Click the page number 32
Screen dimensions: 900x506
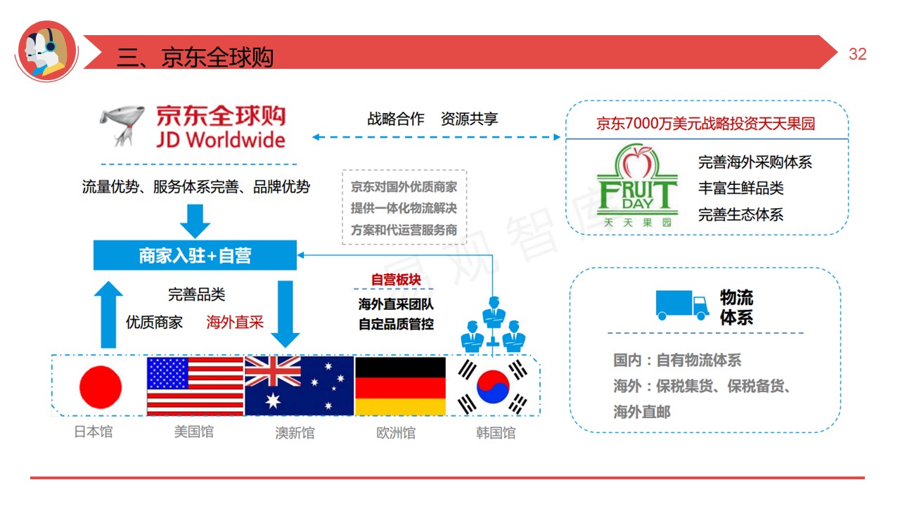coord(857,55)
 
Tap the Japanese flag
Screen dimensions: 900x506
coord(100,387)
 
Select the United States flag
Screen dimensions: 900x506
coord(195,386)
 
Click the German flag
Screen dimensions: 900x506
coord(400,386)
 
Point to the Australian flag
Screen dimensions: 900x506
coord(299,386)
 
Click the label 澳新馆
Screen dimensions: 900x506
coord(295,432)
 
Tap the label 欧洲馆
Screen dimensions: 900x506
coord(396,432)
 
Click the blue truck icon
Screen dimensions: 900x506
coord(682,305)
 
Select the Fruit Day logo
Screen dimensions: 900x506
coord(637,186)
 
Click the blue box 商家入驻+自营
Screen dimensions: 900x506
coord(195,255)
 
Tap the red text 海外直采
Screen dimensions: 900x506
coord(235,322)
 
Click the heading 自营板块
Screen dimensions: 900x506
coord(395,280)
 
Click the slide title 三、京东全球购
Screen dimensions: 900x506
coord(195,57)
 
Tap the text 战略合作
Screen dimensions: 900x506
coord(396,119)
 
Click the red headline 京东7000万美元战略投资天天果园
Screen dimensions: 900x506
coord(705,124)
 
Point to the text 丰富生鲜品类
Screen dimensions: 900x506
coord(740,188)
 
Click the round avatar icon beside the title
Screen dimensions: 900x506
coord(46,51)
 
